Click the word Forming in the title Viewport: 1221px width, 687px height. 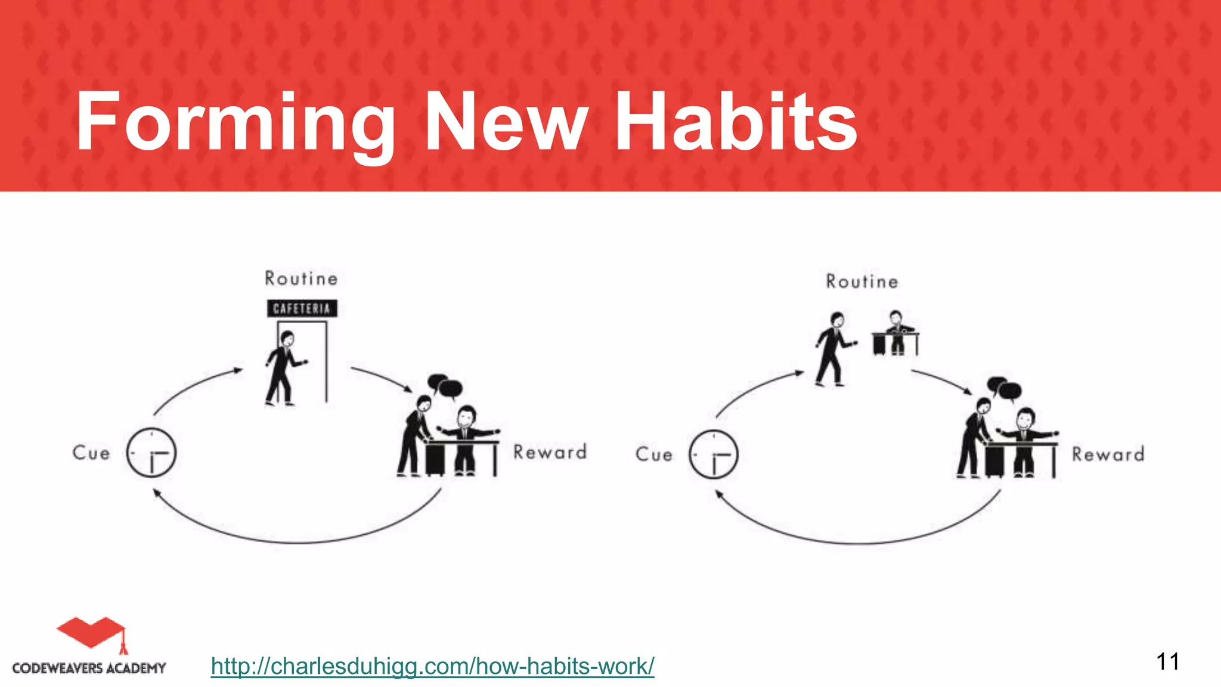[235, 122]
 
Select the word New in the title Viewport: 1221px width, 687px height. [506, 122]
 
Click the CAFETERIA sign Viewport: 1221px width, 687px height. [302, 308]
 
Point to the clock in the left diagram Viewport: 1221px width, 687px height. [151, 453]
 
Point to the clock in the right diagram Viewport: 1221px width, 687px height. [714, 454]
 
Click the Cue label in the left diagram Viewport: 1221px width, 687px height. [91, 453]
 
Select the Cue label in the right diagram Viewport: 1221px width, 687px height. [654, 454]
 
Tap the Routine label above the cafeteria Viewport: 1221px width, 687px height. [301, 278]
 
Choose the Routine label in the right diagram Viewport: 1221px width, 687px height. [862, 281]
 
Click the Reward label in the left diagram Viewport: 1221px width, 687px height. [550, 452]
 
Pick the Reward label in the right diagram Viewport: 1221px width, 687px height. [1108, 454]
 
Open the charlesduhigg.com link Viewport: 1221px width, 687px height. [432, 666]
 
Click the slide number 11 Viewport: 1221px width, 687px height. [1167, 662]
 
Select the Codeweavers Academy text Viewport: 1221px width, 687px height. [89, 668]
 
